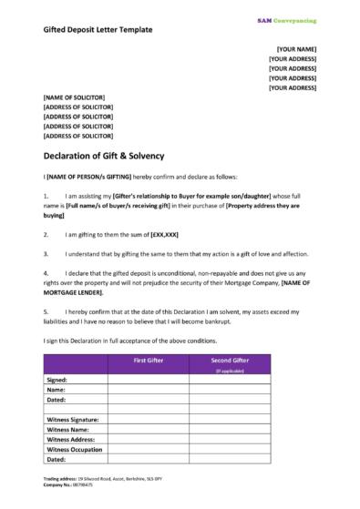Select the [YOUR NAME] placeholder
[296, 48]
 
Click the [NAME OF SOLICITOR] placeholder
[74, 97]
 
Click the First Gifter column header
[148, 361]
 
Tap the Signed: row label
[57, 378]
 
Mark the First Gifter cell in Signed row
[148, 378]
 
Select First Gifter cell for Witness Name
[148, 430]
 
